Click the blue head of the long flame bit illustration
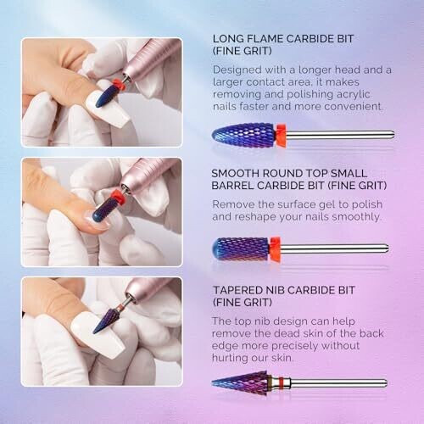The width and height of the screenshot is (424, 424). coord(244,135)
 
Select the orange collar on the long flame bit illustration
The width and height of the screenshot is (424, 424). coord(281,135)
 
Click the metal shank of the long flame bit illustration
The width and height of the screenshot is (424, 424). coord(340,135)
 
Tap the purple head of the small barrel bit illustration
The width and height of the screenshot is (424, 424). coord(241,248)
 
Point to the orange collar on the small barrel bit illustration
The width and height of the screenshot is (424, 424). coord(275,248)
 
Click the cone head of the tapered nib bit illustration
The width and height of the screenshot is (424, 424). coord(243,383)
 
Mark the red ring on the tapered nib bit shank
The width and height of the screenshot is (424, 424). coord(281,383)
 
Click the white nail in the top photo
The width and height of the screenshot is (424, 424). coord(109,112)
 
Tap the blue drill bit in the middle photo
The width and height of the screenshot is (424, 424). coord(104,209)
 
